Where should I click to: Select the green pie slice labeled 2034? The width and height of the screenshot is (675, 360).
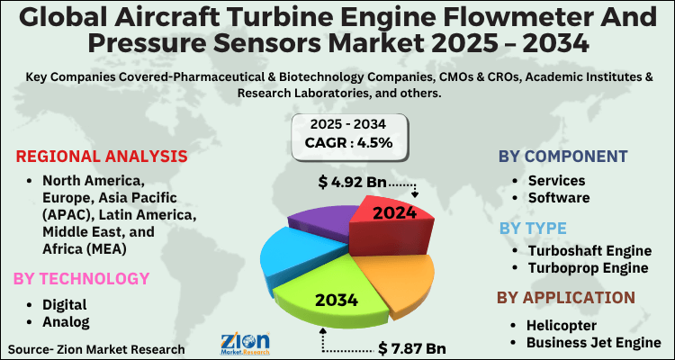337,298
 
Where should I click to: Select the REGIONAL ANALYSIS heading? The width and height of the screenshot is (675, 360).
102,156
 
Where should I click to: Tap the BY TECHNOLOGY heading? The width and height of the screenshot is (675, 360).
82,278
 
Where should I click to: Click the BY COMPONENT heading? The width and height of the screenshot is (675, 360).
563,157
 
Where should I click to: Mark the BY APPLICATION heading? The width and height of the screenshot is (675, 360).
567,297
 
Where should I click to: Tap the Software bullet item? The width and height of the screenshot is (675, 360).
559,198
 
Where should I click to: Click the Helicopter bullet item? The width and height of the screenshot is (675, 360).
564,324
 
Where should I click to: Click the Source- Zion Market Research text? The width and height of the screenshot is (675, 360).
96,348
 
